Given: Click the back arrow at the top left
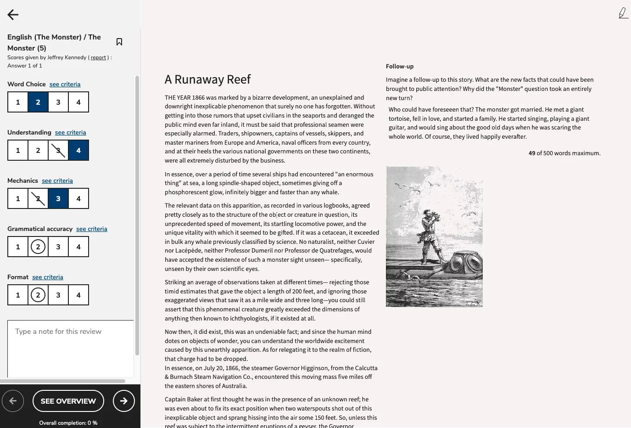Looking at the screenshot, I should [x=13, y=15].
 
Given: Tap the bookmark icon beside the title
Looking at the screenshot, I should [x=119, y=42].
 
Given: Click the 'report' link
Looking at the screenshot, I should [x=98, y=57].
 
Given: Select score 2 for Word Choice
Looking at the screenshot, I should [x=38, y=102].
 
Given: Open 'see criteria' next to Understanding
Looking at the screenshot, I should [x=70, y=132].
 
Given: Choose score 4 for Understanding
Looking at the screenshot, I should [x=78, y=150].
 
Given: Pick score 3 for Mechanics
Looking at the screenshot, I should [x=58, y=198].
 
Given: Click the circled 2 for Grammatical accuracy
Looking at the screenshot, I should [x=38, y=247].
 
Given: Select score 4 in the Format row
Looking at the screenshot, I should [x=78, y=295].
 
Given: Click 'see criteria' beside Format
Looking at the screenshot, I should [x=48, y=277].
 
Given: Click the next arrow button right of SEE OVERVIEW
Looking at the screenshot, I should [x=123, y=401].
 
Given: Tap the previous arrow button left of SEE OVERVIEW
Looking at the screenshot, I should [x=13, y=401].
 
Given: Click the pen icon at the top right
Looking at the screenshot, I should [x=623, y=13].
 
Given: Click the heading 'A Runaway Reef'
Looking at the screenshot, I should [x=207, y=79].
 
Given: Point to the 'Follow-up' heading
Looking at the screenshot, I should [x=400, y=66].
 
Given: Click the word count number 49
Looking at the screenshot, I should [x=531, y=153].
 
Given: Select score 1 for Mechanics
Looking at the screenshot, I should [x=18, y=198].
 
